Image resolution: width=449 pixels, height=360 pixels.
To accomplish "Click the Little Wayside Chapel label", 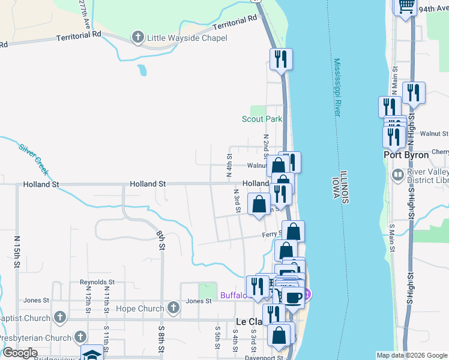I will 186,38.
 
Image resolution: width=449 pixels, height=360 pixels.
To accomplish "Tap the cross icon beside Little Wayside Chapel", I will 137,38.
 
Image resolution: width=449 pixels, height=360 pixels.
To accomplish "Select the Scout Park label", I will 262,119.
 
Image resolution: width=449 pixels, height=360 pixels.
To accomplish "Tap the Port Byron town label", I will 406,155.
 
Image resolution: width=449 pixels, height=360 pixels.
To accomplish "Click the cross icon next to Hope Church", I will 173,308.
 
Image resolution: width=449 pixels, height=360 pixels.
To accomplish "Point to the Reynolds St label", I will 97,281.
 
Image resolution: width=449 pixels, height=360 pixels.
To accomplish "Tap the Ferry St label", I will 272,234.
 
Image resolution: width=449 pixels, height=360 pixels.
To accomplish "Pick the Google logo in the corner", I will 20,353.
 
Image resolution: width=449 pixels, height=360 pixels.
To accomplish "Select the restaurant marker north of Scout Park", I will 280,59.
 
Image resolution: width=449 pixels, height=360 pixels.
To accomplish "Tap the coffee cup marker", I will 294,298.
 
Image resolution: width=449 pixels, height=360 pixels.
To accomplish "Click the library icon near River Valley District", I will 397,175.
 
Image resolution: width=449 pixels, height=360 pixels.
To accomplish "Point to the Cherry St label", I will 440,152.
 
